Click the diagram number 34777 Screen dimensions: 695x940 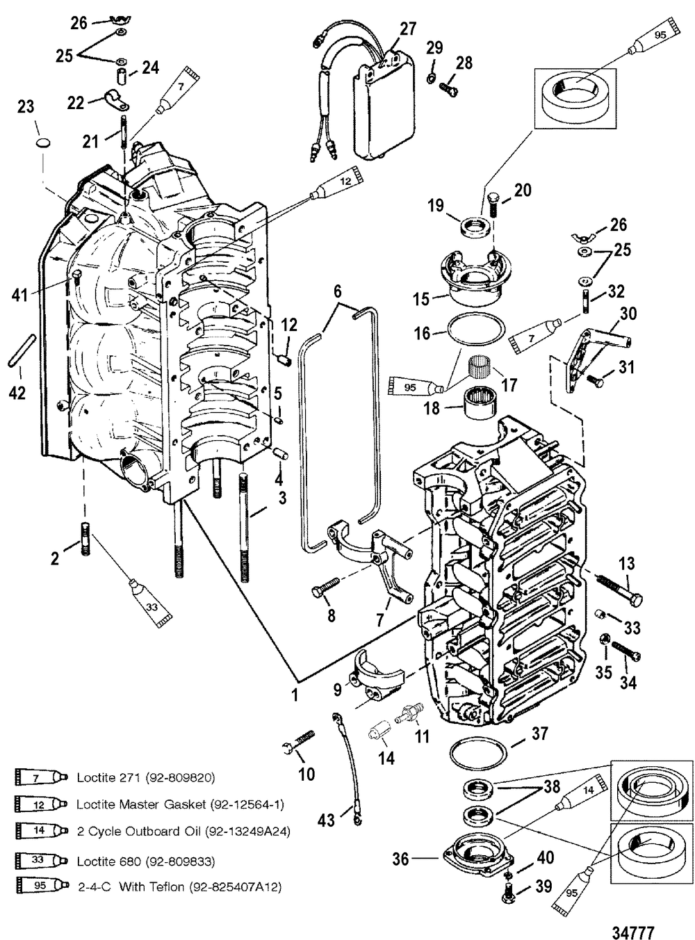[633, 920]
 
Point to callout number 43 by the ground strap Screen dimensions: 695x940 [326, 820]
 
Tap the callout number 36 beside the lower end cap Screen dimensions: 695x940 [400, 859]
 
